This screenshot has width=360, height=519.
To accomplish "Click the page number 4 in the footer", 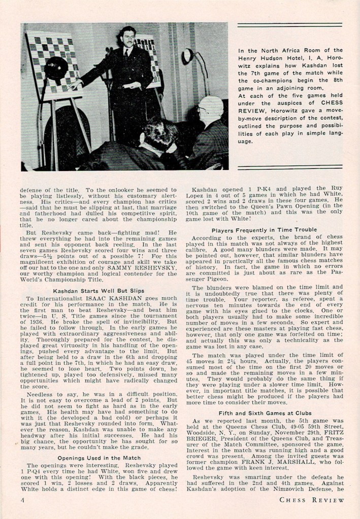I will coord(23,500).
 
